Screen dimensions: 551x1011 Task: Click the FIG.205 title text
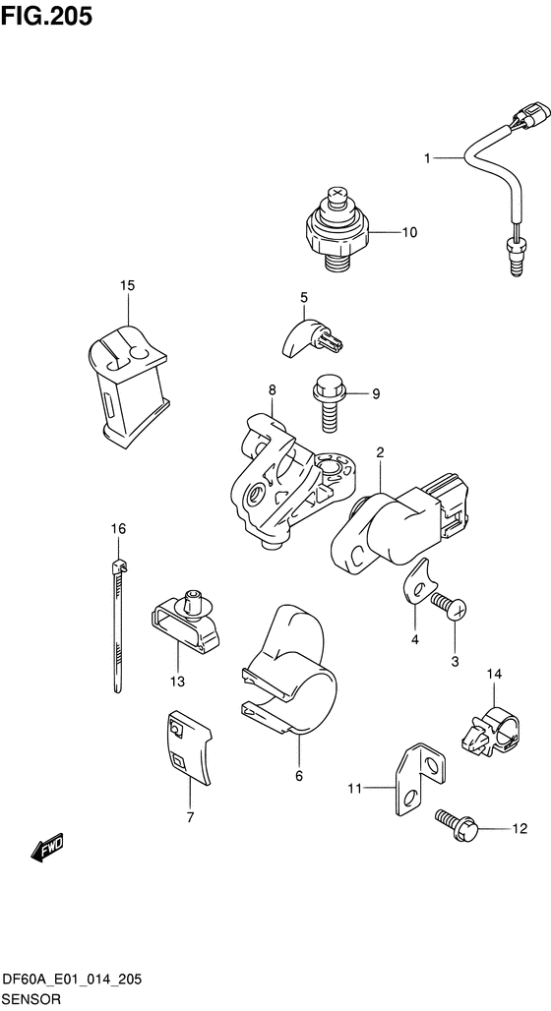tap(46, 16)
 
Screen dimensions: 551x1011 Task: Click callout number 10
tap(409, 233)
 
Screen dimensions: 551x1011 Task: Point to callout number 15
tap(128, 285)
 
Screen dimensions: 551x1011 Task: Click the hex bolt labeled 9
tap(330, 405)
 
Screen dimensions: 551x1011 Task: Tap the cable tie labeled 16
tap(117, 625)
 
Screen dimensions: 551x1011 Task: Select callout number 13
tap(177, 682)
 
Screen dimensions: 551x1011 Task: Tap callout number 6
tap(299, 776)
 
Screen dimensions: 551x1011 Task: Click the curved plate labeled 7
tap(188, 748)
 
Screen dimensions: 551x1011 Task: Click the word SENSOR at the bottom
tap(31, 1000)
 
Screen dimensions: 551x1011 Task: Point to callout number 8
tap(272, 389)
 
